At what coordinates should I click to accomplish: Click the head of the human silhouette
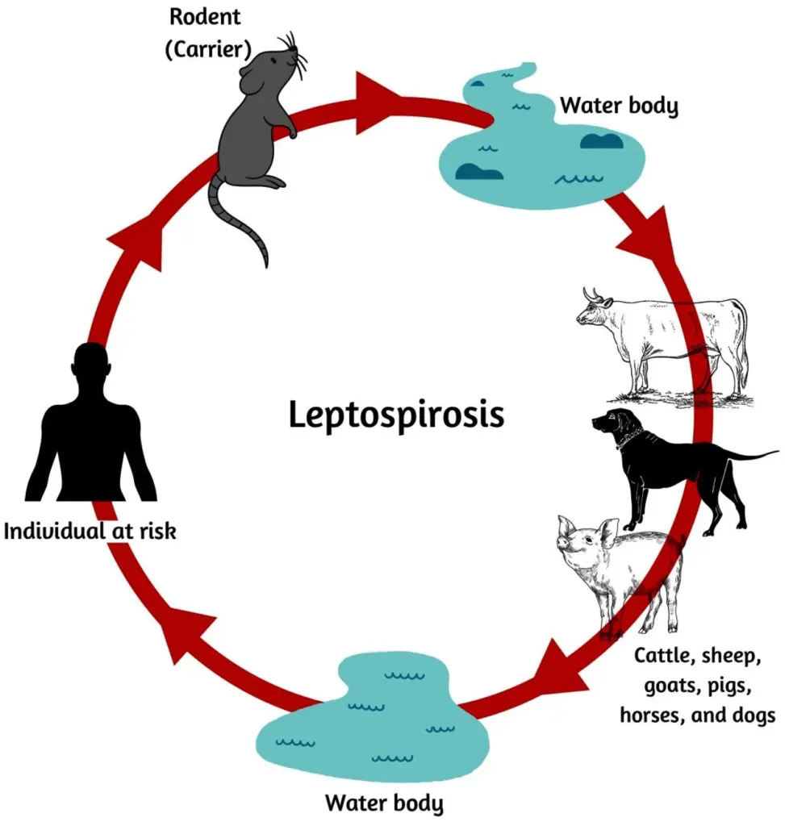[x=90, y=364]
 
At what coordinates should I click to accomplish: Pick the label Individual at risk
[x=90, y=531]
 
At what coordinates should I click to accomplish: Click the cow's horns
[x=594, y=296]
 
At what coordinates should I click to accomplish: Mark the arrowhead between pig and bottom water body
[x=565, y=665]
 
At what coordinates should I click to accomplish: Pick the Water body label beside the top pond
[x=620, y=106]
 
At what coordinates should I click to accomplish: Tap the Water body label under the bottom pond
[x=384, y=803]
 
